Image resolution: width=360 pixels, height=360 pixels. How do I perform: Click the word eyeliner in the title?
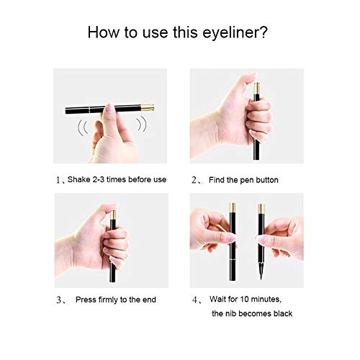coord(231,33)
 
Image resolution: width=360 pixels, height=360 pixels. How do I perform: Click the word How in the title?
coord(104,32)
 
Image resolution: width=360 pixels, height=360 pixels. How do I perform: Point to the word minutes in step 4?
coord(266,300)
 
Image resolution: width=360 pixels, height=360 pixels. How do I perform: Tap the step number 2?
coord(194,180)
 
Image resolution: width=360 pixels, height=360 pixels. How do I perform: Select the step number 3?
coord(59,300)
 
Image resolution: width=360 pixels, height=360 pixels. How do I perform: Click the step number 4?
coord(194,300)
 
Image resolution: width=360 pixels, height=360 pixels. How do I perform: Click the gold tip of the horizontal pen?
coord(148,107)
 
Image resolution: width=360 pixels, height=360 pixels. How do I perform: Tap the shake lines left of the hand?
coord(83,127)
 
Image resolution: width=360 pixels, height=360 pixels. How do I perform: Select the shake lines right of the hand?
coord(142,124)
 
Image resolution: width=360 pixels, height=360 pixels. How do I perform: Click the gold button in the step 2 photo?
coord(257,89)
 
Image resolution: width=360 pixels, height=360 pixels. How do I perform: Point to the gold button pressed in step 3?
coord(113,215)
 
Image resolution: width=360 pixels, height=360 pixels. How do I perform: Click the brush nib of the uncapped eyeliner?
coord(261,271)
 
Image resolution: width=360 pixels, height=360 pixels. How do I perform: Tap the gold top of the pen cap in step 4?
coord(233,207)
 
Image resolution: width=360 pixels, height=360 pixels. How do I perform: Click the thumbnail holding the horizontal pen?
coord(110,108)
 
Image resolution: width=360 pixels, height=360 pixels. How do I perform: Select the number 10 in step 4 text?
coord(244,299)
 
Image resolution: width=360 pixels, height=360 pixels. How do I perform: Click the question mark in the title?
coord(264,32)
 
